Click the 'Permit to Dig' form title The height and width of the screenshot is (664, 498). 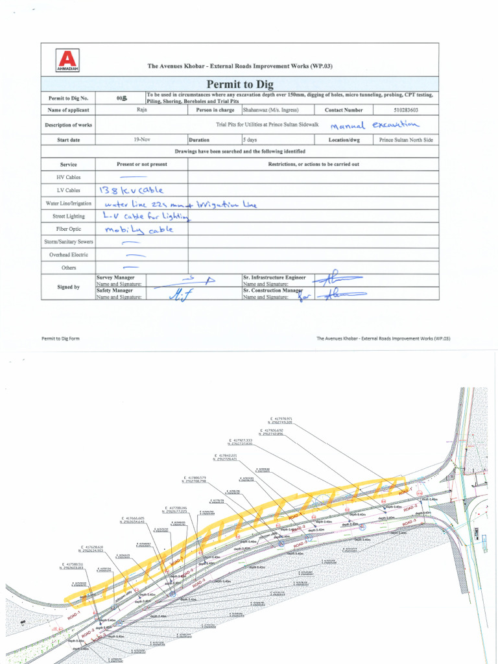(240, 84)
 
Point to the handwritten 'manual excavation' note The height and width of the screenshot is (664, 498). (375, 125)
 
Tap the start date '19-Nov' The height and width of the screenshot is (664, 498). (141, 139)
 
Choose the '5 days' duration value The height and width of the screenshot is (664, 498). (250, 139)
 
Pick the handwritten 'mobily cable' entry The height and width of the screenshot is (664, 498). (139, 229)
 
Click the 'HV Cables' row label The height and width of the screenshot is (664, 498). (69, 177)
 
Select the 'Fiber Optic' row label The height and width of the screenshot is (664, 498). (69, 229)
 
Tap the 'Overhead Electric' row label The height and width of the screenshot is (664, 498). (69, 255)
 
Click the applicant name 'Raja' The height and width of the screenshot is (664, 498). (141, 110)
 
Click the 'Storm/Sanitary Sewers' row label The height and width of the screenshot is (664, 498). (69, 242)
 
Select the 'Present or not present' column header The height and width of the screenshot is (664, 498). (141, 164)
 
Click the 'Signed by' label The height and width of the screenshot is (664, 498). (69, 286)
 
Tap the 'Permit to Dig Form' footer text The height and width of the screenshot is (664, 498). (60, 338)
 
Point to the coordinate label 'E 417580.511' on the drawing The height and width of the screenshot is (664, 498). (71, 565)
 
